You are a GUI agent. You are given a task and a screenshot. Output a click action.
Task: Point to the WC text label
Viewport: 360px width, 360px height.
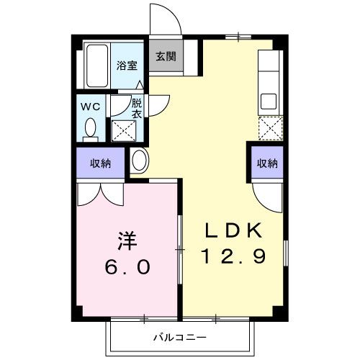point(89,107)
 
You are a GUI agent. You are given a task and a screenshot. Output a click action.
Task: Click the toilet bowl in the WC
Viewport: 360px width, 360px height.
point(91,130)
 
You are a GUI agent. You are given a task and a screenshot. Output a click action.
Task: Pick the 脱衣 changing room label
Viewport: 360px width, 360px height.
point(136,108)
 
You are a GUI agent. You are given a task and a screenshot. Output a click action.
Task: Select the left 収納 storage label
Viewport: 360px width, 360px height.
point(101,163)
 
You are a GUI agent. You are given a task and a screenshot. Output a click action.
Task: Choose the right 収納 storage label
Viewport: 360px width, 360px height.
point(267,163)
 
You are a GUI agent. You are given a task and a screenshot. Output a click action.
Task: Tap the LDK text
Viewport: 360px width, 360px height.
point(234,232)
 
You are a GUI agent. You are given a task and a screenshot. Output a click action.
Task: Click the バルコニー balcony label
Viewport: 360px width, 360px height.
point(179,337)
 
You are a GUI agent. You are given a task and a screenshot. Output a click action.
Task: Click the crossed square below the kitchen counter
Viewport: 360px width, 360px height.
point(269,129)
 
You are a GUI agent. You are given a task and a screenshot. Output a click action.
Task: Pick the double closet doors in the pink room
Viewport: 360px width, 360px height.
point(101,193)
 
